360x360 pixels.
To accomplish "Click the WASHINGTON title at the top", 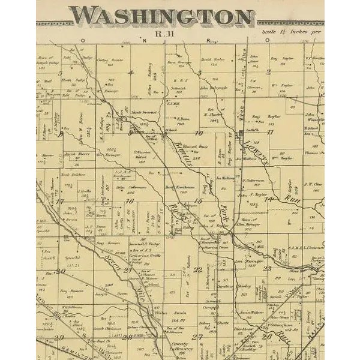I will pos(162,16).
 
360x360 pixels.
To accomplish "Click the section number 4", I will pos(129,73).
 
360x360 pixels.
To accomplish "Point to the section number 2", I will pos(269,71).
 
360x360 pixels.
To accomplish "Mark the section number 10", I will pos(199,133).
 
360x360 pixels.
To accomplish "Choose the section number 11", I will pos(270,132).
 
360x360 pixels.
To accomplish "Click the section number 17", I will pos(60,202).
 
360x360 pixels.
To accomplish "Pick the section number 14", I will pos(269,199).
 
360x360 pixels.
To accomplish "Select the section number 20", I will pos(60,271).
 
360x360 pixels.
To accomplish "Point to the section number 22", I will pos(197,270).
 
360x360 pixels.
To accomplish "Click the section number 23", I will pos(267,268).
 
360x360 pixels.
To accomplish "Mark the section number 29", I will pos(58,338).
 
